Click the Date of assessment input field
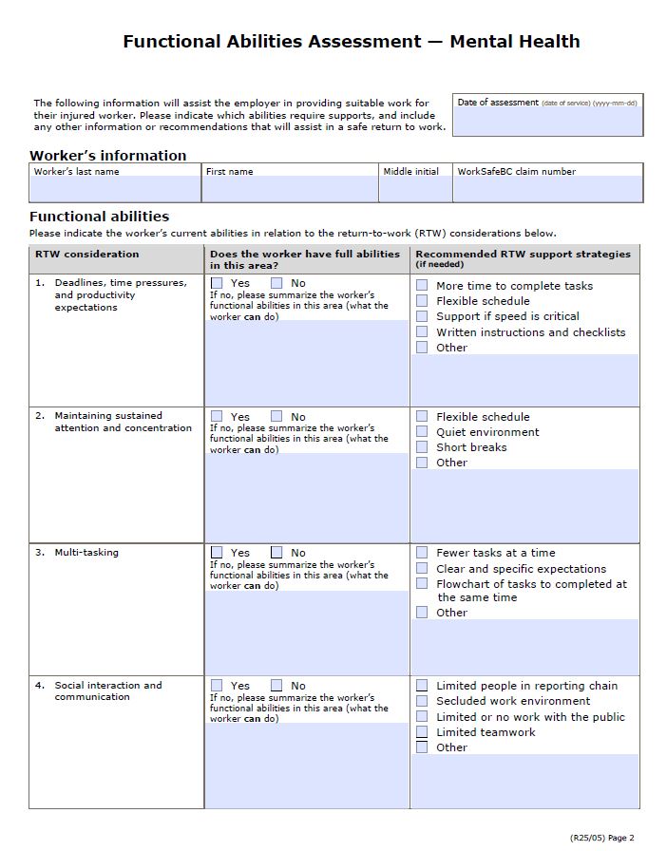547,122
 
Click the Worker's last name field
115,188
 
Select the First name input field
290,188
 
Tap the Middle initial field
415,188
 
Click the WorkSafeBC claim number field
547,188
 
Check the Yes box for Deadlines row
217,283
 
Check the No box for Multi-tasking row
276,552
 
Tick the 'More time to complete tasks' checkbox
422,285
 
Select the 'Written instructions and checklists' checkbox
422,331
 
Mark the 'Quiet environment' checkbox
422,431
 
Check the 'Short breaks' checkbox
422,446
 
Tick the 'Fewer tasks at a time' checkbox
422,552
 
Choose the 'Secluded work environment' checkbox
422,701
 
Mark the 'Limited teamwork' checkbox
422,732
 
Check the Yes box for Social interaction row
217,685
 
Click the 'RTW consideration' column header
87,254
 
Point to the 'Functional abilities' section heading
99,217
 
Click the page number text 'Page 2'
620,838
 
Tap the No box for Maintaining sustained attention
276,416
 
